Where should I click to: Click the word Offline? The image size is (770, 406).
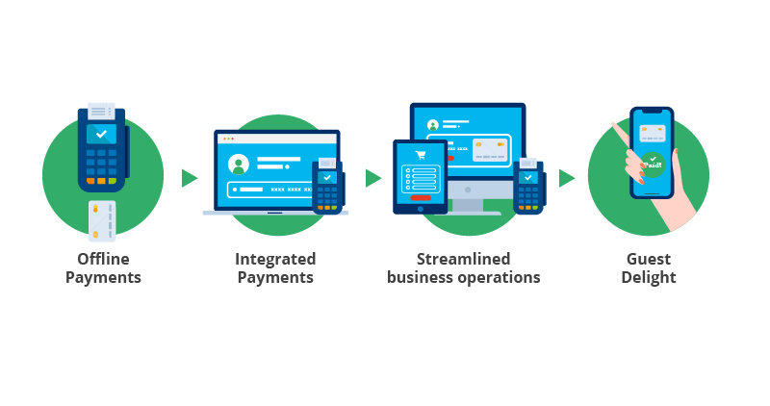click(103, 259)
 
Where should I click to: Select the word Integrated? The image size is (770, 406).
click(275, 259)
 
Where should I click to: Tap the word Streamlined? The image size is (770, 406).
click(463, 259)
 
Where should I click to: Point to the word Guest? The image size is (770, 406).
click(648, 259)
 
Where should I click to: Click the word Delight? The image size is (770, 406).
click(648, 278)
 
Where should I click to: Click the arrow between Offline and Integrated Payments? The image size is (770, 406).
click(189, 178)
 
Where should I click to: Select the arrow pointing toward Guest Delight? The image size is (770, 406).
click(567, 178)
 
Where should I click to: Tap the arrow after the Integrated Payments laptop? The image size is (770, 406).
click(372, 178)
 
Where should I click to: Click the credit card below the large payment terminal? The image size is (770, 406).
click(102, 220)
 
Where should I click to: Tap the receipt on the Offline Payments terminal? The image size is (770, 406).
click(101, 112)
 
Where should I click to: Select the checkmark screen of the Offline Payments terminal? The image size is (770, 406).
click(101, 134)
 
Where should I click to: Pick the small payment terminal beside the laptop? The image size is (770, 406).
click(327, 185)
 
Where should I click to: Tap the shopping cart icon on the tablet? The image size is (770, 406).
click(420, 154)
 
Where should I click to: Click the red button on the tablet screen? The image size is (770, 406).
click(421, 198)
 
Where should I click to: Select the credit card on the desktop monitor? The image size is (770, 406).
click(490, 148)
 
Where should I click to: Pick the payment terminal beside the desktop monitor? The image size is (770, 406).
click(528, 185)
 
